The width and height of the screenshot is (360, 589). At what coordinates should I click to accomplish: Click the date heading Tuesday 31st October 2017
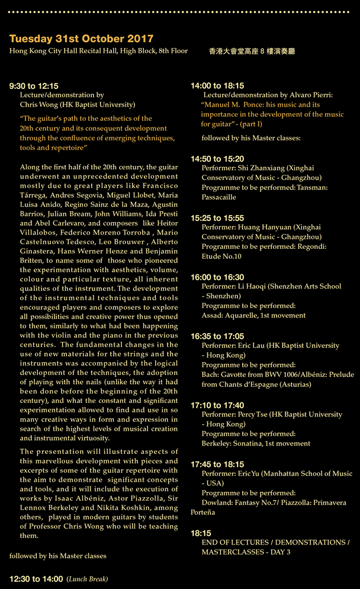(81, 39)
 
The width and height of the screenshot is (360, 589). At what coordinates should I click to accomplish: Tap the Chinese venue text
(252, 52)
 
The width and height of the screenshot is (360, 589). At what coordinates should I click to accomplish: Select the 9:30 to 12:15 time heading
(34, 86)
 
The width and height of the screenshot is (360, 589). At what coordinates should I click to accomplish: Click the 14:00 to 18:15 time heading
(217, 86)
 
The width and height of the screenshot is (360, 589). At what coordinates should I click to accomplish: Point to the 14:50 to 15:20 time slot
(217, 159)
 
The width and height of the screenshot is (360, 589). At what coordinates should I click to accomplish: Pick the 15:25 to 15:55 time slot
(217, 218)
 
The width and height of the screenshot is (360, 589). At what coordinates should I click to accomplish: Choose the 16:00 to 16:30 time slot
(217, 277)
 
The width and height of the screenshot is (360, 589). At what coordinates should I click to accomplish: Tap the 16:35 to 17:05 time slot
(217, 336)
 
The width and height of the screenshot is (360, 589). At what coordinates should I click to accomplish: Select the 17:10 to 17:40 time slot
(217, 405)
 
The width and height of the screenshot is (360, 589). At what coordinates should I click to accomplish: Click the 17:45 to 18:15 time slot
(217, 465)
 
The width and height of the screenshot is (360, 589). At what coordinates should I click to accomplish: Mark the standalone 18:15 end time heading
(201, 533)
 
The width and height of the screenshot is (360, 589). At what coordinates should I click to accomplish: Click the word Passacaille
(218, 197)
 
